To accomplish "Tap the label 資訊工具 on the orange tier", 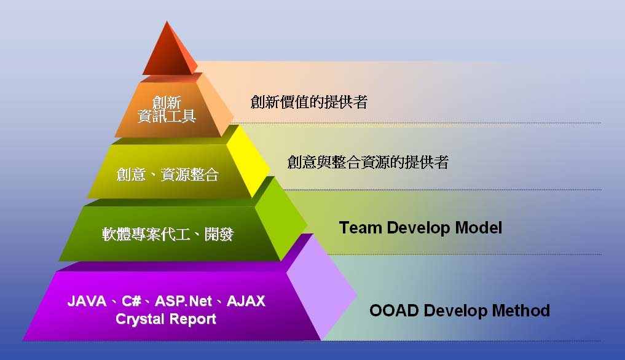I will (167, 115).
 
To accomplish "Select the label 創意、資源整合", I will (168, 174).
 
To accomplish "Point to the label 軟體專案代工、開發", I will (168, 234).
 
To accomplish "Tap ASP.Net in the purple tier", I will (184, 302).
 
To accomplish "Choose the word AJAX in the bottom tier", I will (246, 302).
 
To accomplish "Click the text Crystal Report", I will (166, 319).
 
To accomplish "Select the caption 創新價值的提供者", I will (309, 102).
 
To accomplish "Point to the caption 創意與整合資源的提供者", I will (368, 162).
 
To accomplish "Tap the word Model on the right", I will (478, 228).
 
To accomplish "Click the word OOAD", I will (393, 310).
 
